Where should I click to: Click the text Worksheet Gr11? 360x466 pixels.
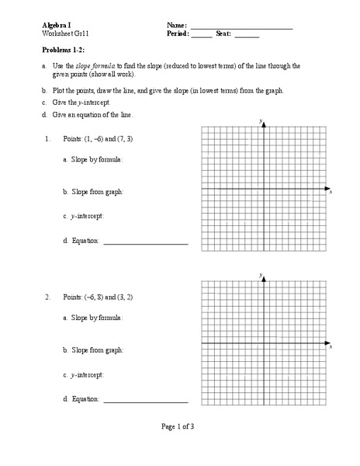coord(64,34)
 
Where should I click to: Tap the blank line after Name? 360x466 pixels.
coord(241,28)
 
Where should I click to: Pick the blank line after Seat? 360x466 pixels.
coord(247,37)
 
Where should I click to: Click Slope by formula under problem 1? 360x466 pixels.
coord(92,158)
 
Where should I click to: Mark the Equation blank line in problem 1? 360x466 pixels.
coord(145,244)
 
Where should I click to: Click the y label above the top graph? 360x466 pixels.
coord(261,122)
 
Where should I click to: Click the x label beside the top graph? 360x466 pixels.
coord(331,191)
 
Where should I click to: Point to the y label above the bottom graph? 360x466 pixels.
coord(261,275)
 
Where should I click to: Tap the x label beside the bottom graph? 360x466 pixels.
coord(331,345)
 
